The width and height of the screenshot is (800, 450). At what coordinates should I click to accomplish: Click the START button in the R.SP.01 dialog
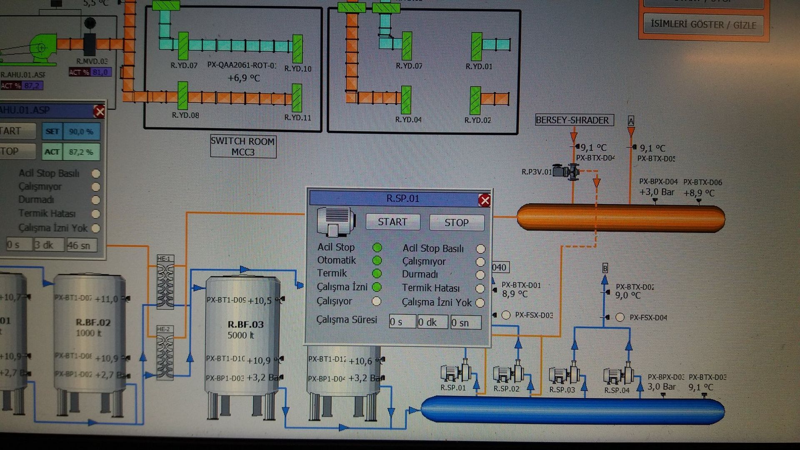pyautogui.click(x=392, y=222)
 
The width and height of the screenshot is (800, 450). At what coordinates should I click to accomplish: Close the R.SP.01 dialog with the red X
pyautogui.click(x=485, y=201)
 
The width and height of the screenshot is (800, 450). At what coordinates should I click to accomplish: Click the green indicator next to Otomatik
pyautogui.click(x=377, y=261)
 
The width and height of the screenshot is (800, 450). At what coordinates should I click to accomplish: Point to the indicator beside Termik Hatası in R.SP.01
pyautogui.click(x=480, y=288)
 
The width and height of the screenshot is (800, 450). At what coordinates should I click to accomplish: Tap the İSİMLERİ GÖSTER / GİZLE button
pyautogui.click(x=703, y=25)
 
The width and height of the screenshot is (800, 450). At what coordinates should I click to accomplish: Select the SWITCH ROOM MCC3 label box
pyautogui.click(x=243, y=147)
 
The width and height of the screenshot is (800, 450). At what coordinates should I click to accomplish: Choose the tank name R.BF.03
pyautogui.click(x=245, y=325)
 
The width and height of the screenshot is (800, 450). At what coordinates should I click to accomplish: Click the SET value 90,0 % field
pyautogui.click(x=81, y=132)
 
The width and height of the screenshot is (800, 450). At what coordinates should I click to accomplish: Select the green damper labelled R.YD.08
pyautogui.click(x=182, y=96)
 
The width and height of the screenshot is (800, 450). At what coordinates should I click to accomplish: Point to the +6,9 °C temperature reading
pyautogui.click(x=244, y=78)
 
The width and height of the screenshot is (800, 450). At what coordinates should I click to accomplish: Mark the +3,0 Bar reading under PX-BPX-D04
pyautogui.click(x=657, y=192)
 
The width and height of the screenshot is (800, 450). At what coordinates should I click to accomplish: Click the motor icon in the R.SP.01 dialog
pyautogui.click(x=335, y=221)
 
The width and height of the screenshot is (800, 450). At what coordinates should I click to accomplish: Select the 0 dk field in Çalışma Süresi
pyautogui.click(x=432, y=322)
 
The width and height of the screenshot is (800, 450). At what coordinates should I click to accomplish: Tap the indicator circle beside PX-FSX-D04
pyautogui.click(x=620, y=317)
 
